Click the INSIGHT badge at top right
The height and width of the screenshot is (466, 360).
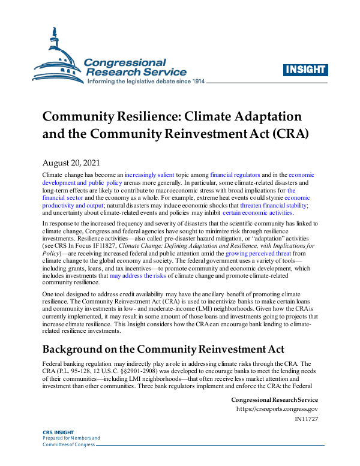[304, 69]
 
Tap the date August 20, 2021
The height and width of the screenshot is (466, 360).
[72, 163]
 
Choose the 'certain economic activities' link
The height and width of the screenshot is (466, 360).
[257, 212]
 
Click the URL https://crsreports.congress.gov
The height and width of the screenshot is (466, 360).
[277, 409]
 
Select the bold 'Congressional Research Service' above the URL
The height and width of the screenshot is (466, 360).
[274, 399]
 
